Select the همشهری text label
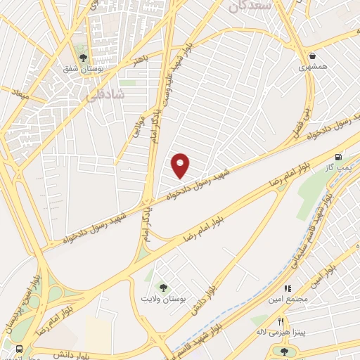pos(311,67)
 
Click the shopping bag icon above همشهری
pos(311,56)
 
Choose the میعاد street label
pos(19,94)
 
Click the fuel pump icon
pos(340,157)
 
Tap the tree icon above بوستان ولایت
pos(164,287)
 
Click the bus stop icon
pos(18,349)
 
